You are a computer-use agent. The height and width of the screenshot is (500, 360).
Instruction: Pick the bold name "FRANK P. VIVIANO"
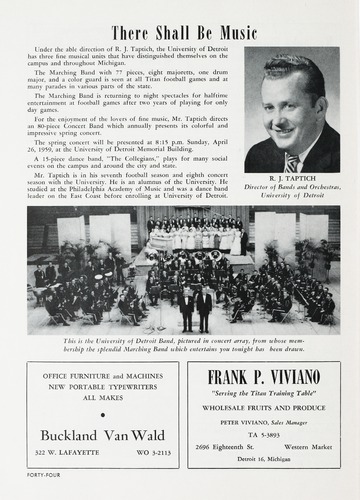pos(265,377)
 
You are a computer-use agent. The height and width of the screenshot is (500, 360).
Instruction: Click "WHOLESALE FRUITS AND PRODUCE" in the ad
pos(265,408)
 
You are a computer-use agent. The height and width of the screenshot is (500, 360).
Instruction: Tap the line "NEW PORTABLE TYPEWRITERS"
pos(98,385)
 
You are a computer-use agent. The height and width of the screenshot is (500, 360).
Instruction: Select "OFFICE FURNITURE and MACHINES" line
pos(98,374)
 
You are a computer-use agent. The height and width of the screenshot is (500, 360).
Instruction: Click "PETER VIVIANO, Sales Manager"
pos(265,422)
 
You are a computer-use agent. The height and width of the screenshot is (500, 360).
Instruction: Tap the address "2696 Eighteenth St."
pos(232,446)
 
